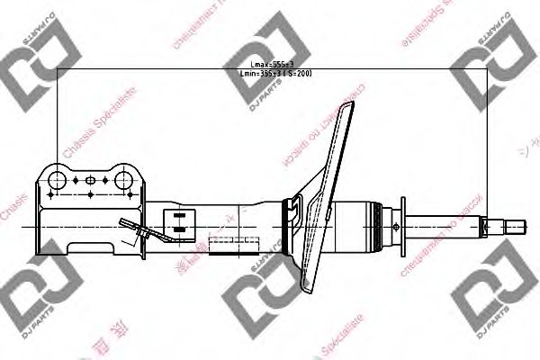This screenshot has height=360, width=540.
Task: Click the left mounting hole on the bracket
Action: (58, 178)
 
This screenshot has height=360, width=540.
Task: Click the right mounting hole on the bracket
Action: (122, 178)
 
